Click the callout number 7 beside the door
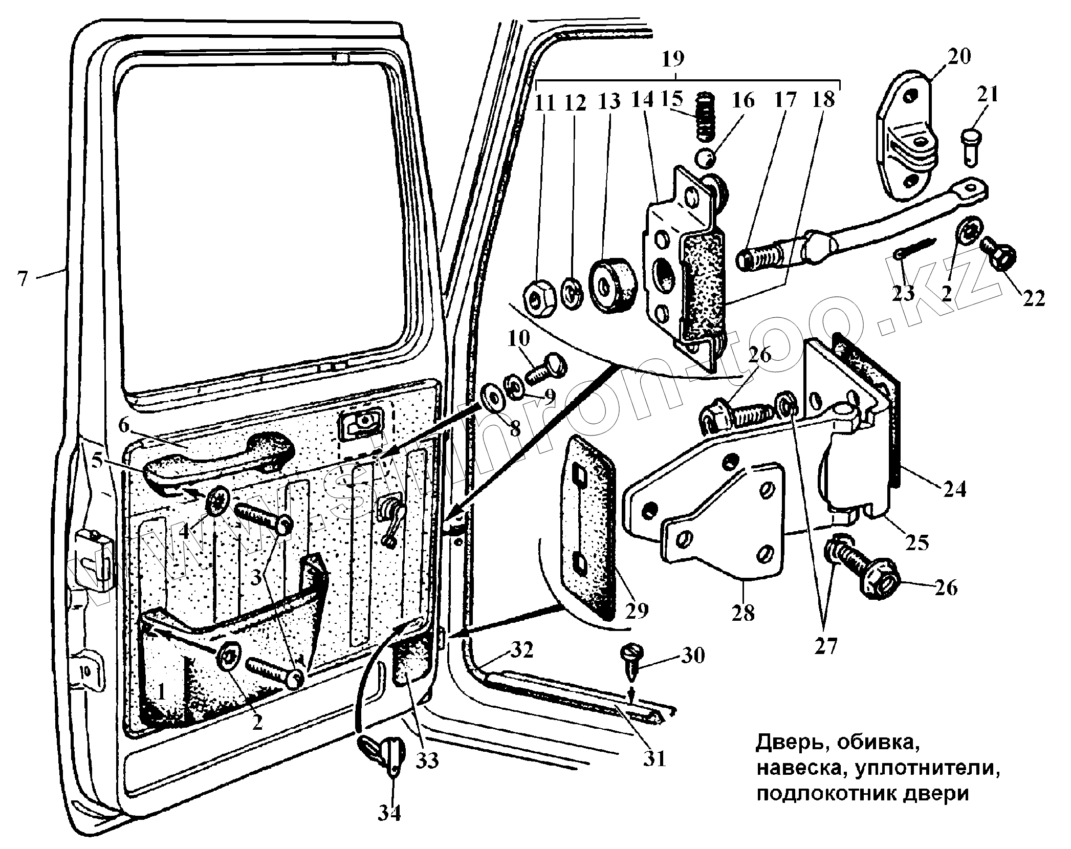[21, 279]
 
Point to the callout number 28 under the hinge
[743, 612]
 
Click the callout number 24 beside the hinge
[954, 490]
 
